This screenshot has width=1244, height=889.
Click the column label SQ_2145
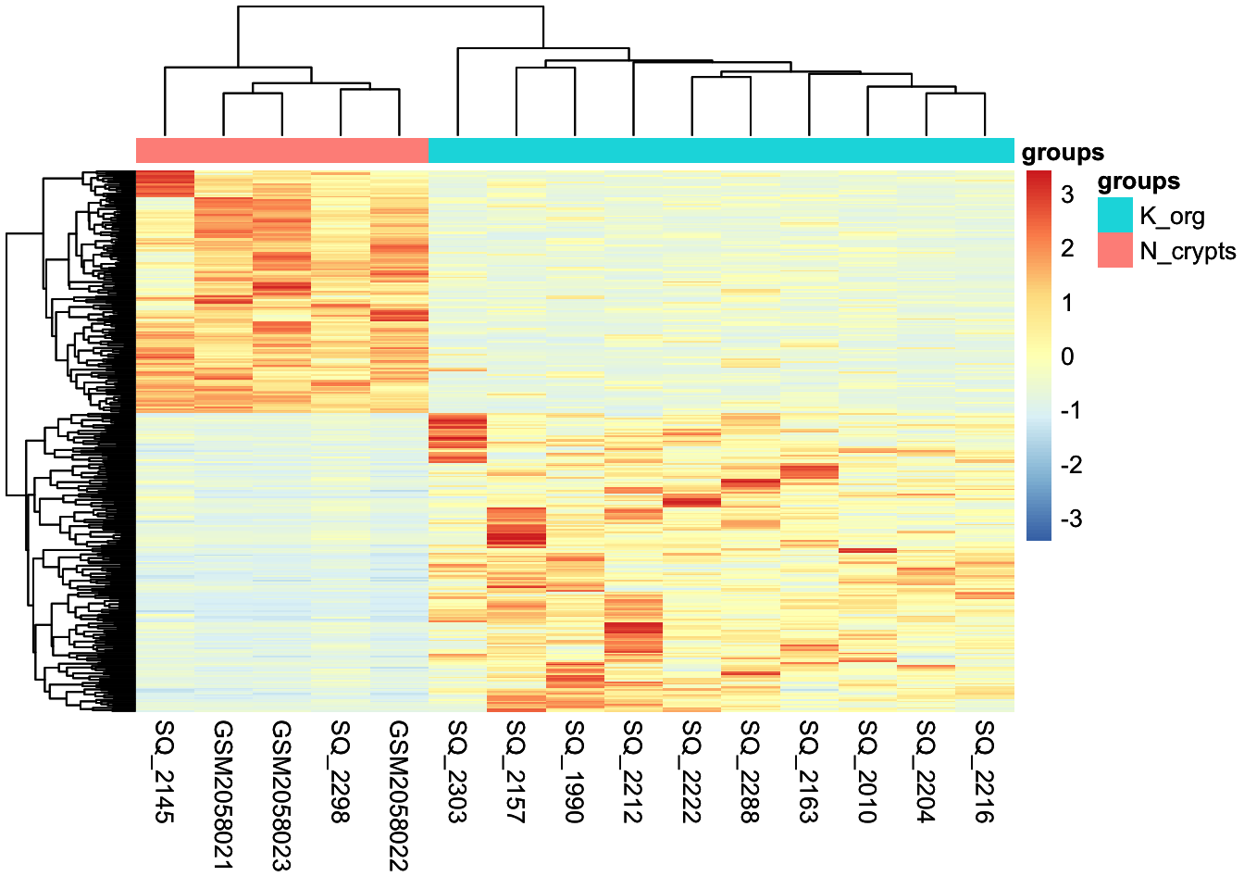point(165,770)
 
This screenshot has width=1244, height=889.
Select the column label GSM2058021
point(223,795)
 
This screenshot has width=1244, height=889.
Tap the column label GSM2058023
point(281,795)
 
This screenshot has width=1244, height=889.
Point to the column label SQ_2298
point(341,770)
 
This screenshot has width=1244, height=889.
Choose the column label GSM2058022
point(399,795)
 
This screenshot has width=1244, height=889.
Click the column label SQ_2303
point(457,770)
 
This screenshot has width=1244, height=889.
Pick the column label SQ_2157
point(516,770)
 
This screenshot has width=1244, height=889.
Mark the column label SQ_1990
point(575,770)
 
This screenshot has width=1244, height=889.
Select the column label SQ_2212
point(633,770)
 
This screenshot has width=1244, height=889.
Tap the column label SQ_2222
point(692,770)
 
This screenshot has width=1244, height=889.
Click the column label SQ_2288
point(751,770)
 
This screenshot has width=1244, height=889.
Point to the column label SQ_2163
point(809,770)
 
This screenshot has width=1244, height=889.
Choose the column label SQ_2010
point(867,770)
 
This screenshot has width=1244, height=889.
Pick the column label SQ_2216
point(985,770)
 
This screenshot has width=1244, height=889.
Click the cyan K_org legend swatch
point(1114,215)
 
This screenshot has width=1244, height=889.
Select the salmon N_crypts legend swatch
point(1114,250)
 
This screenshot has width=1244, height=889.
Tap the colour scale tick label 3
point(1067,194)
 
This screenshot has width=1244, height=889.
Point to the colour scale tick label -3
point(1070,519)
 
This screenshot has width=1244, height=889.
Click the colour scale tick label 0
point(1067,357)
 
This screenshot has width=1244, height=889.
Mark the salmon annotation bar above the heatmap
point(282,150)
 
